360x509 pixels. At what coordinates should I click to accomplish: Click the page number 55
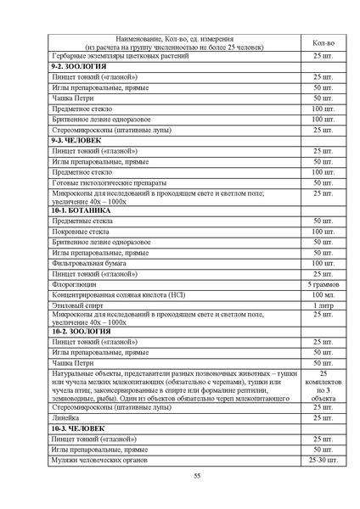tap(196, 478)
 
